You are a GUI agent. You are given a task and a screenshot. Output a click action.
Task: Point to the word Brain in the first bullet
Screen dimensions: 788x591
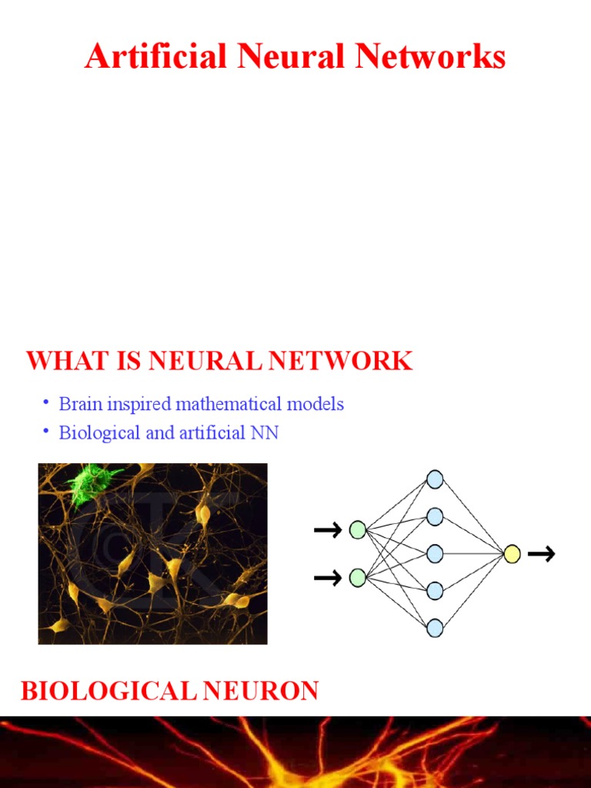pyautogui.click(x=80, y=403)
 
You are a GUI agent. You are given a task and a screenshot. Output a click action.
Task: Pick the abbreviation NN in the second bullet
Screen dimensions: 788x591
pyautogui.click(x=265, y=432)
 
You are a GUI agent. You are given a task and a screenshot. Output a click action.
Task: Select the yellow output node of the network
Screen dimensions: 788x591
pyautogui.click(x=513, y=554)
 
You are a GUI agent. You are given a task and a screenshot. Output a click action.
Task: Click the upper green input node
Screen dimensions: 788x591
pyautogui.click(x=358, y=529)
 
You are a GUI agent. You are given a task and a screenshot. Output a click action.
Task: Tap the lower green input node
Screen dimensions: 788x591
pyautogui.click(x=358, y=578)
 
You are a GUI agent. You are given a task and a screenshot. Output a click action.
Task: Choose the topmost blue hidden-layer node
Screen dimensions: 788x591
pyautogui.click(x=435, y=479)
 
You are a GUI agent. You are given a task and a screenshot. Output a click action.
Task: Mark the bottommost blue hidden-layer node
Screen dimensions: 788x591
pyautogui.click(x=435, y=627)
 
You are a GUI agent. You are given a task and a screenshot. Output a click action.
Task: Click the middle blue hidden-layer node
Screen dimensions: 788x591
pyautogui.click(x=435, y=553)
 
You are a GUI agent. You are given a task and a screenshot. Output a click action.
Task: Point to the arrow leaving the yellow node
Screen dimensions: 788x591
pyautogui.click(x=542, y=554)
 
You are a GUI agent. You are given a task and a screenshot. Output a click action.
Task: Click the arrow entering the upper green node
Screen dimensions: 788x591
pyautogui.click(x=328, y=529)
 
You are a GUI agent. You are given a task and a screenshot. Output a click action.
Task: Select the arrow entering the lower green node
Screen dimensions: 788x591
pyautogui.click(x=328, y=578)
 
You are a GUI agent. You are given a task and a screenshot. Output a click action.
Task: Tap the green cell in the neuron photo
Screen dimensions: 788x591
pyautogui.click(x=93, y=483)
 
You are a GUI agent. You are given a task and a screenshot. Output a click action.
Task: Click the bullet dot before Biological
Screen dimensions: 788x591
pyautogui.click(x=46, y=432)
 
